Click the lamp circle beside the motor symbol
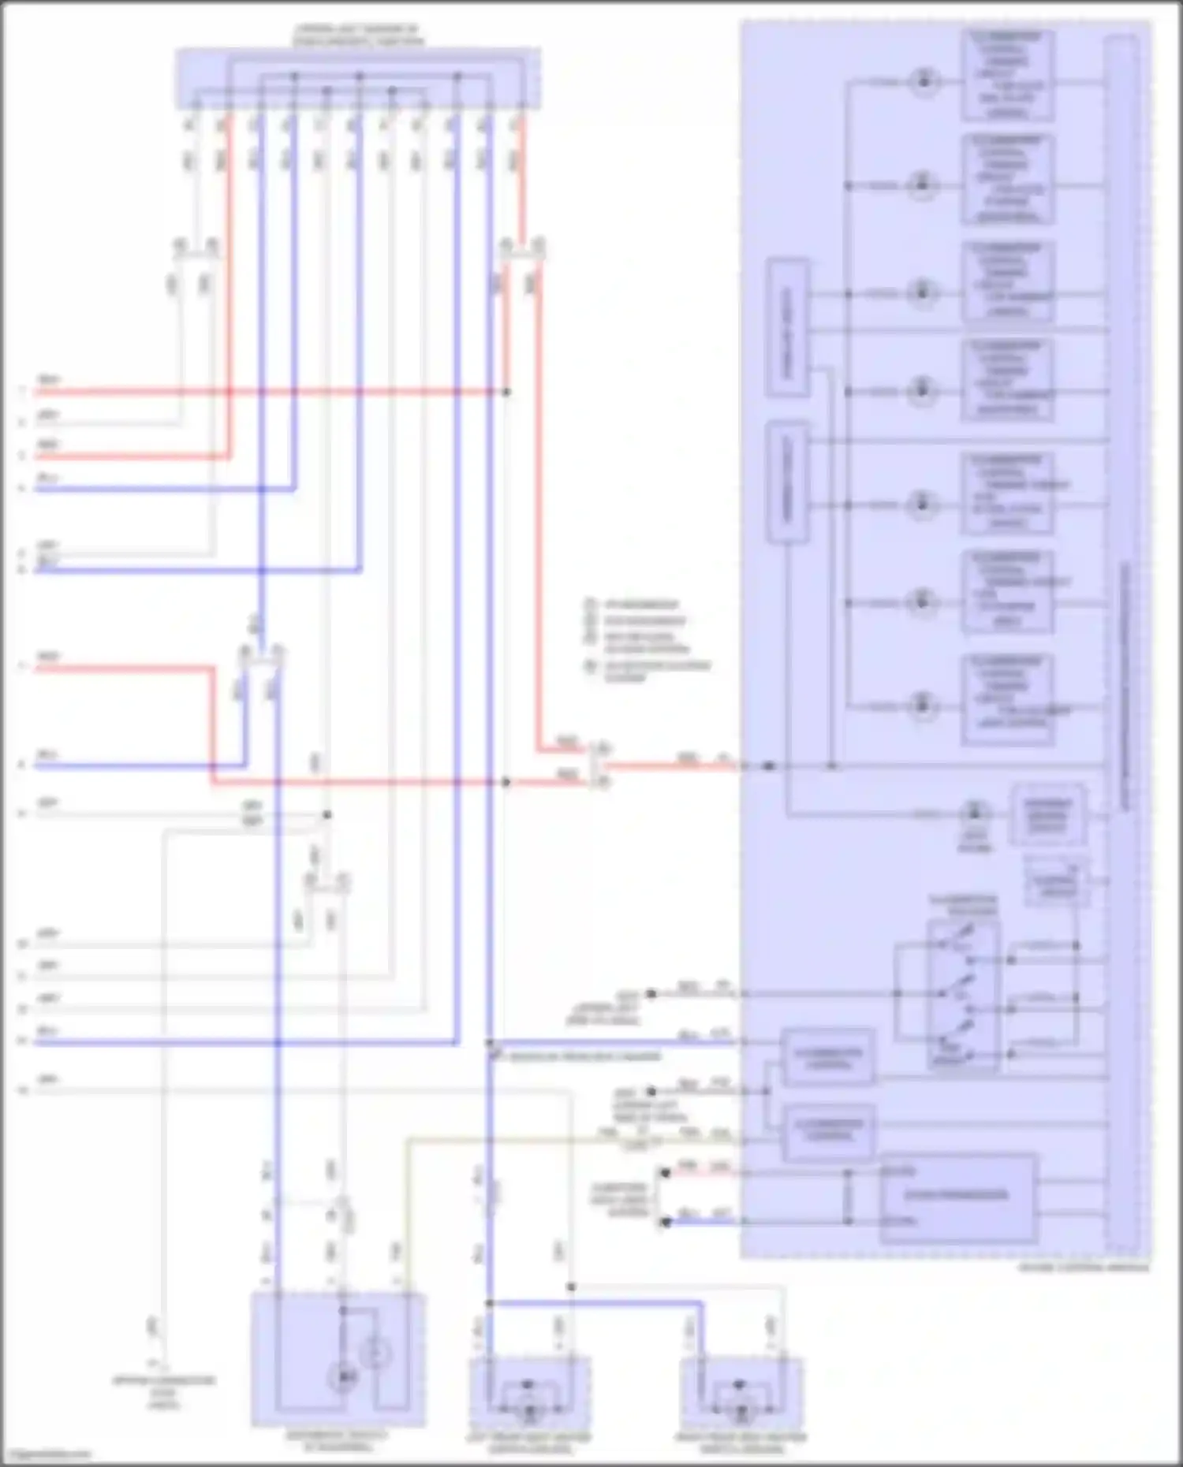coord(375,1354)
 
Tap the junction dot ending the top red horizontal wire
coord(507,392)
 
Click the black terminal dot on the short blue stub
coord(666,1222)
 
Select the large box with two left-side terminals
coord(957,1198)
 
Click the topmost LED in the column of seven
coord(924,80)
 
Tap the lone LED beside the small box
coord(975,813)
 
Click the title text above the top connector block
coord(359,35)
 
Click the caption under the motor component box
coord(338,1441)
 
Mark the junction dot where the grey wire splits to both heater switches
coord(571,1287)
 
